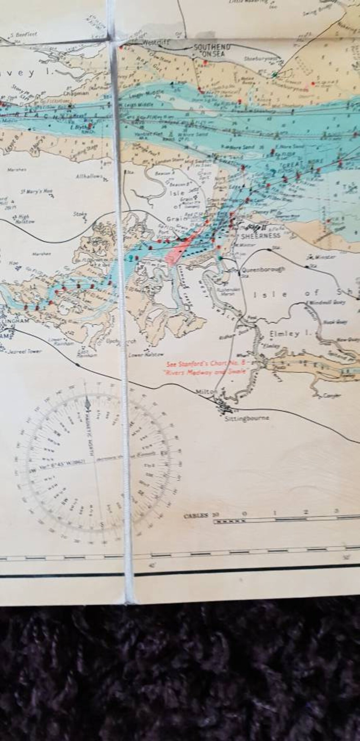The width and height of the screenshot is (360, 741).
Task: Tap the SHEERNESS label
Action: tap(260, 235)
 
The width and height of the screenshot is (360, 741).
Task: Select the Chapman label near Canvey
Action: tap(72, 94)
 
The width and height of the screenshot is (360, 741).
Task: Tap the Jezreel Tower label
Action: tap(21, 351)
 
